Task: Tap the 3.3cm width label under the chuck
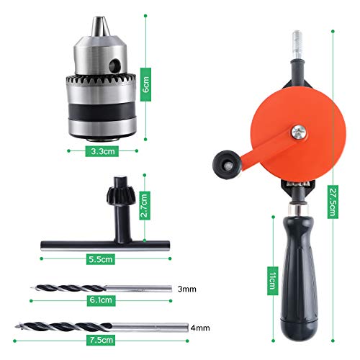coord(102,152)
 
